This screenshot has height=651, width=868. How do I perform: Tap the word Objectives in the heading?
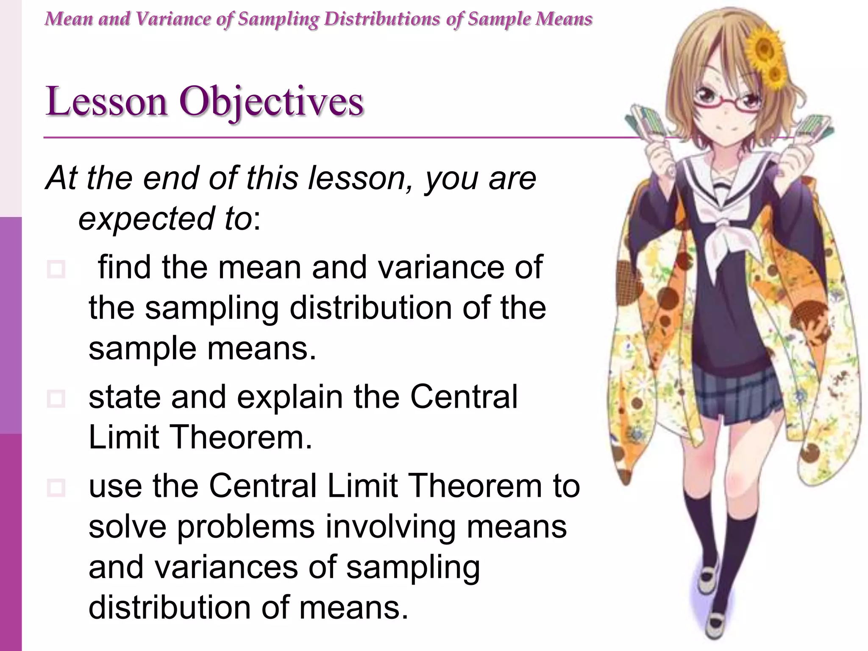pyautogui.click(x=271, y=102)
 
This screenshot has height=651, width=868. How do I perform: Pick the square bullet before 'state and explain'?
pyautogui.click(x=56, y=398)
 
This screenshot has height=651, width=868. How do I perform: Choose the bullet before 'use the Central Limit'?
pyautogui.click(x=56, y=487)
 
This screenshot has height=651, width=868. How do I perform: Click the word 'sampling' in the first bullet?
pyautogui.click(x=211, y=309)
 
